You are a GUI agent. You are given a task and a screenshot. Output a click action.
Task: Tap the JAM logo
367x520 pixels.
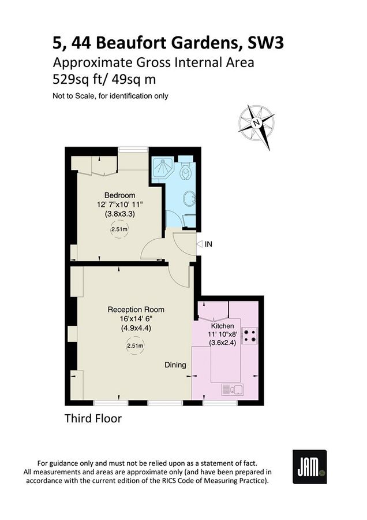(x=309, y=467)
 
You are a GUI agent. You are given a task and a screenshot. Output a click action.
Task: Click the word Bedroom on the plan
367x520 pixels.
(x=120, y=195)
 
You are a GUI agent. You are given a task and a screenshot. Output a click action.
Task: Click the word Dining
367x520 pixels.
(x=175, y=365)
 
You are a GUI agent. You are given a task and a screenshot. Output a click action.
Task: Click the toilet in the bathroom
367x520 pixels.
(x=186, y=171)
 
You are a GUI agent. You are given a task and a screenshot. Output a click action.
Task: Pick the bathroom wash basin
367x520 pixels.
(x=189, y=200)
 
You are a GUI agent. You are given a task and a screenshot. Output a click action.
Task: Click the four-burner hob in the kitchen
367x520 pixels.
(x=250, y=336)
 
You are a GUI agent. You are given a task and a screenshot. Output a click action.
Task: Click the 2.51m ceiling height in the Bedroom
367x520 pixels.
(x=119, y=229)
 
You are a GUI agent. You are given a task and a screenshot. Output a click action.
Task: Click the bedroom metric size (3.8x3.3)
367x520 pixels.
(x=119, y=214)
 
